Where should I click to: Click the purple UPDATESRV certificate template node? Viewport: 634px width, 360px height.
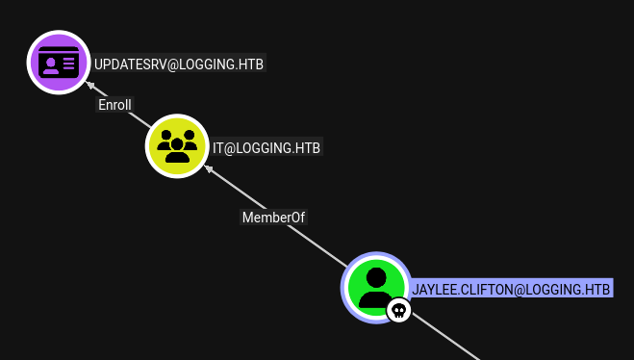point(59,63)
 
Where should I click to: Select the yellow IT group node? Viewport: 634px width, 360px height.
point(177,146)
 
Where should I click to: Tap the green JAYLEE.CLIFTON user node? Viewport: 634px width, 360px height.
point(376,288)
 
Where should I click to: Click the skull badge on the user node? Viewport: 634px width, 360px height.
point(399,310)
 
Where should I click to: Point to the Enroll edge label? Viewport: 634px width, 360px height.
point(114,105)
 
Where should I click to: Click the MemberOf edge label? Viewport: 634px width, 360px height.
point(274,218)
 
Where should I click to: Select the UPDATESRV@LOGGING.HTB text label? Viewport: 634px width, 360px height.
point(179,64)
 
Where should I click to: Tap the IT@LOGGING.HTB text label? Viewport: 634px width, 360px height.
point(266,147)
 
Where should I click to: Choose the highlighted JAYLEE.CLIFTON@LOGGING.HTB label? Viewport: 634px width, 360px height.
point(511,289)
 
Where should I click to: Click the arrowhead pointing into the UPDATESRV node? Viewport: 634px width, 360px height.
point(90,85)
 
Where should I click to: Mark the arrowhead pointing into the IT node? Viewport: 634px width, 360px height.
point(208,168)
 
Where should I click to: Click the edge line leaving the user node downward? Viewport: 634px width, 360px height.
point(444,336)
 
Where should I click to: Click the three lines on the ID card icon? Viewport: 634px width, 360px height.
point(68,64)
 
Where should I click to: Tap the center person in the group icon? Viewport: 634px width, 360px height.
point(177,150)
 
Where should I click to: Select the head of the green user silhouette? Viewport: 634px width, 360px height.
point(376,277)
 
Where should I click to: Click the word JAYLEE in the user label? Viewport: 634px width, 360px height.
point(434,289)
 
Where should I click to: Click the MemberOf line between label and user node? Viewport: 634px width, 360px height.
point(317,246)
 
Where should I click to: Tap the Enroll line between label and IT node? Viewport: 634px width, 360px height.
point(139,120)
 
